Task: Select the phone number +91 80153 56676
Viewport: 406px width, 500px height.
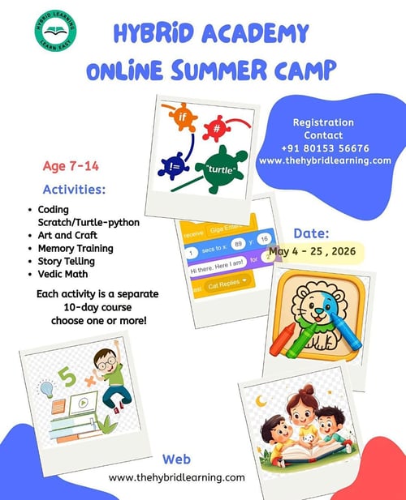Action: (x=325, y=148)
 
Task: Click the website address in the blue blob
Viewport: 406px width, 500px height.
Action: (x=325, y=160)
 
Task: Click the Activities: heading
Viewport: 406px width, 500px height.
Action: (x=75, y=190)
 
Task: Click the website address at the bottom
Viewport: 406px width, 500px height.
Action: (x=176, y=477)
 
